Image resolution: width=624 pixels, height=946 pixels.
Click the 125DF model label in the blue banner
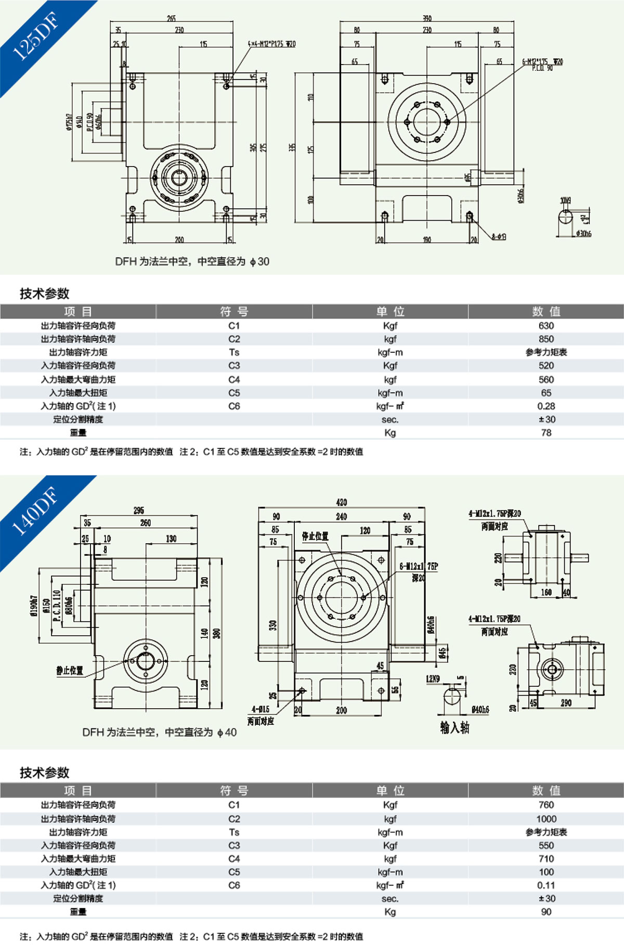[x=35, y=36]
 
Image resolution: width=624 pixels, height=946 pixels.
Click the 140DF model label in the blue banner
[x=35, y=512]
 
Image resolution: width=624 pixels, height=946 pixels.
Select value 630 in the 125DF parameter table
[x=546, y=326]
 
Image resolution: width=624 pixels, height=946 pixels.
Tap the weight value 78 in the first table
[x=546, y=432]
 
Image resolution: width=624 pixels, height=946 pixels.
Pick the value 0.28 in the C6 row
[x=546, y=406]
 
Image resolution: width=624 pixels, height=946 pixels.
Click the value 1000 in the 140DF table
[x=546, y=819]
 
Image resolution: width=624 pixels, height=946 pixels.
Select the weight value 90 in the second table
[x=546, y=912]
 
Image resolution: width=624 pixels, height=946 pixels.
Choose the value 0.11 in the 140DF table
[x=546, y=885]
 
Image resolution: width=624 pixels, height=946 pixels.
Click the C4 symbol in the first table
[x=234, y=379]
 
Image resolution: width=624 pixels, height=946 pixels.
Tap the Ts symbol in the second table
[x=234, y=832]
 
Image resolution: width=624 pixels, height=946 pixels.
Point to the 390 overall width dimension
[x=427, y=18]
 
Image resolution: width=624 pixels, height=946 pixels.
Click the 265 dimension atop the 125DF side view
[x=171, y=18]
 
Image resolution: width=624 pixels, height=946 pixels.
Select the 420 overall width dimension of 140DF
[x=342, y=502]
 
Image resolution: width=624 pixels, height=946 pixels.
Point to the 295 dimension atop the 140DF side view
[x=139, y=510]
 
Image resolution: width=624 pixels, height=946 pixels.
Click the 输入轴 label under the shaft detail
[x=454, y=727]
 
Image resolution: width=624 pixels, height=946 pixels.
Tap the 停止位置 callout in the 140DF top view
[x=315, y=536]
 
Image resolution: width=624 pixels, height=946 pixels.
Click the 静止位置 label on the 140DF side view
[x=70, y=670]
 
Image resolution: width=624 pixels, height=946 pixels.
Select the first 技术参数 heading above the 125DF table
[x=45, y=293]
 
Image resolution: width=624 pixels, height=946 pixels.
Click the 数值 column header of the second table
[x=546, y=790]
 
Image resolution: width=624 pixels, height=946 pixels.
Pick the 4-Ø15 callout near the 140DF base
[x=260, y=710]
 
